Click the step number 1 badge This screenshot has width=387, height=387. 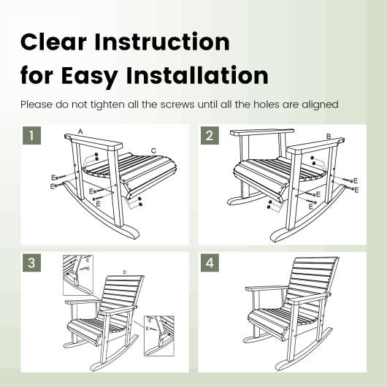coord(31,136)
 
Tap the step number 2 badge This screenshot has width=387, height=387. coord(210,136)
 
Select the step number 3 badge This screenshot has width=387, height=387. coord(31,263)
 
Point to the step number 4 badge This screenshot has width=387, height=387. coord(210,263)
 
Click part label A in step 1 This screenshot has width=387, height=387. coord(80,131)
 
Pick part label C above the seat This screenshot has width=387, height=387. coord(153,150)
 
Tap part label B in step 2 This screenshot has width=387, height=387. coord(329,136)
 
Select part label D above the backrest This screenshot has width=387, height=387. coord(125,272)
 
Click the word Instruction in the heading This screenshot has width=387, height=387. coord(162,42)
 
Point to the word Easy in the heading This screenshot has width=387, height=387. coord(90,76)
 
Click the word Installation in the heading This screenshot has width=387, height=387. coord(197,75)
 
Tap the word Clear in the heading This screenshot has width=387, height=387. coord(53,42)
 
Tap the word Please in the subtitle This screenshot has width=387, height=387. coord(37,104)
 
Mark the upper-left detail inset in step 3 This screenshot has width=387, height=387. coord(78,275)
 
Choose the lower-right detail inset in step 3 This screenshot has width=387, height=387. coord(159,336)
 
